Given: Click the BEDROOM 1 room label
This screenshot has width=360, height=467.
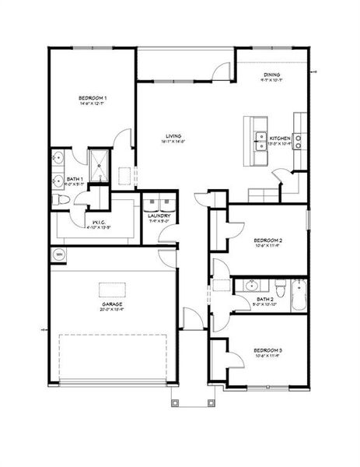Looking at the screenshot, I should point(93,98).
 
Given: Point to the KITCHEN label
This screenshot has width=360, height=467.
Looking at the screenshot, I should point(279,138).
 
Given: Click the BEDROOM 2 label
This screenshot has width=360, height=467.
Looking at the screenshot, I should point(267,241).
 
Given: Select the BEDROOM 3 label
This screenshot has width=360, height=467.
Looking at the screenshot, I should point(267,351).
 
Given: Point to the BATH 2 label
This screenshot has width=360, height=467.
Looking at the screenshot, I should point(265,298).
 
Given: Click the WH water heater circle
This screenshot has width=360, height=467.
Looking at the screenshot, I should point(58,255).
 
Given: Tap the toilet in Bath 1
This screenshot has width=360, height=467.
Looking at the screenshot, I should point(60,201).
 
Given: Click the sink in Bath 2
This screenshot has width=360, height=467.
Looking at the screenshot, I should point(250,286).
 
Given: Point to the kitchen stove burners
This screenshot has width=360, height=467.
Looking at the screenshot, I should point(299,141).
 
